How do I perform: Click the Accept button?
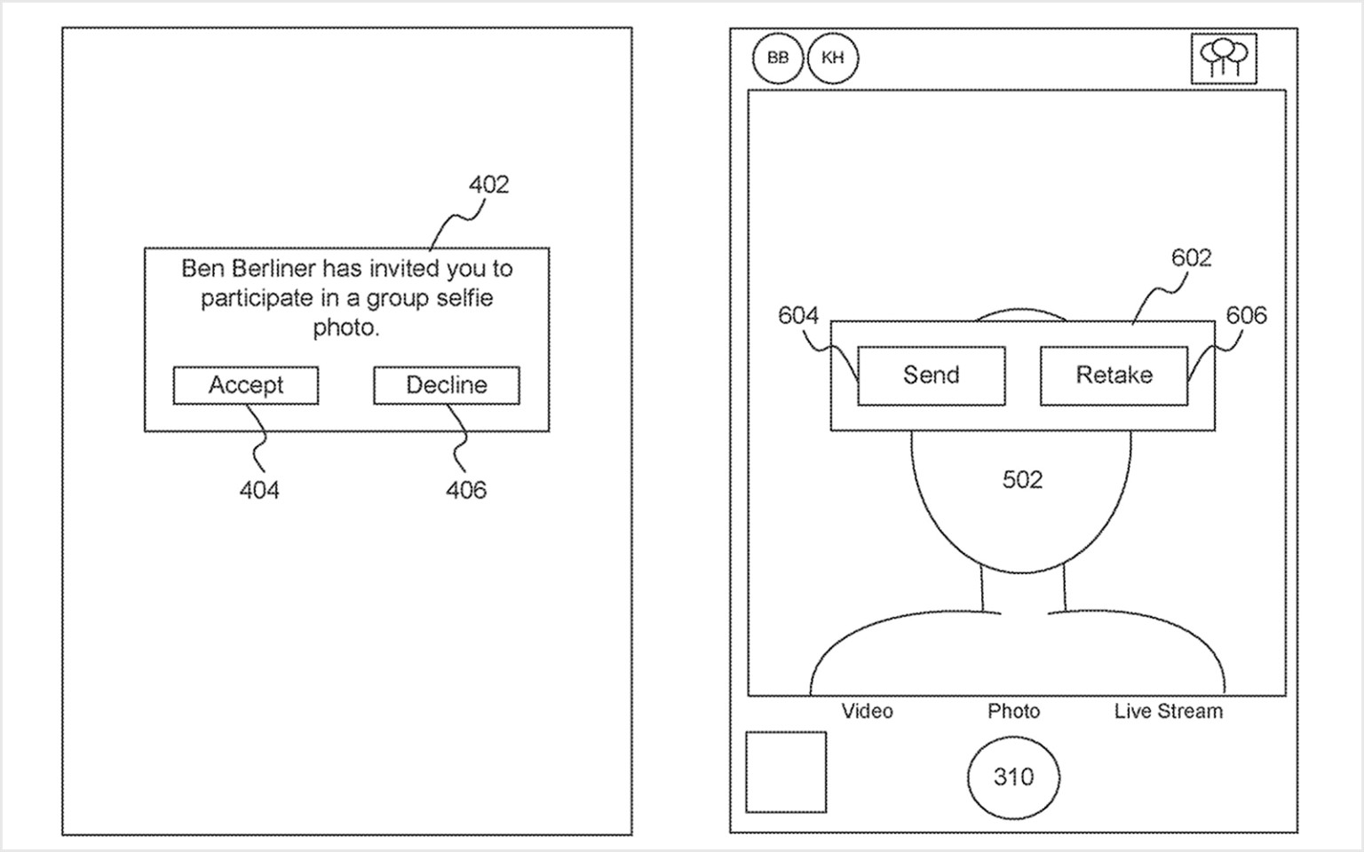(246, 385)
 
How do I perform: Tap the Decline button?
(447, 385)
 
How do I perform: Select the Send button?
(932, 375)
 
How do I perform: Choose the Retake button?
(1114, 375)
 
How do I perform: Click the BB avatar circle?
(778, 59)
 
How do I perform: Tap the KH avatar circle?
(833, 59)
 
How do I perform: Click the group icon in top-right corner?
(1224, 59)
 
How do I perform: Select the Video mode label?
(867, 711)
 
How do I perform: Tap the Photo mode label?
(1013, 711)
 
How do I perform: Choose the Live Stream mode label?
(1168, 711)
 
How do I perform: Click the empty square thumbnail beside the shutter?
(786, 772)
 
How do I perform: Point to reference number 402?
(488, 185)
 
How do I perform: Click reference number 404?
(259, 490)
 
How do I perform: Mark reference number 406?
(466, 490)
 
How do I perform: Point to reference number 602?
(1191, 257)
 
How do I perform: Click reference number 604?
(797, 315)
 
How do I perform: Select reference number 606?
(1246, 315)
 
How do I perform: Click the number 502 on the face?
(1022, 480)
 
